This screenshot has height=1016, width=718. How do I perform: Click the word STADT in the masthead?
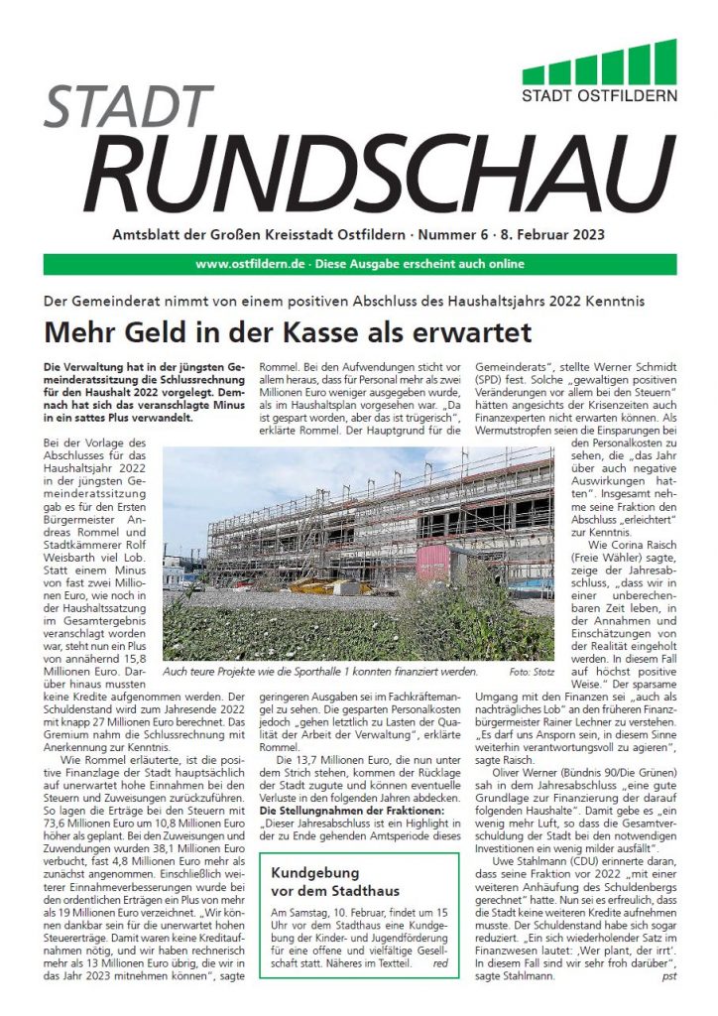point(116,106)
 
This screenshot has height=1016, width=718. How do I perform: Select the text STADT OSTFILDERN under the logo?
point(600,96)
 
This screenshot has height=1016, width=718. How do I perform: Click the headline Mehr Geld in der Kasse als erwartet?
point(287,330)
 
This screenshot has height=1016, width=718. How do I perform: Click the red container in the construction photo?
point(432,563)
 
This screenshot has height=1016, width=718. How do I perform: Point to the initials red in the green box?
point(440,961)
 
